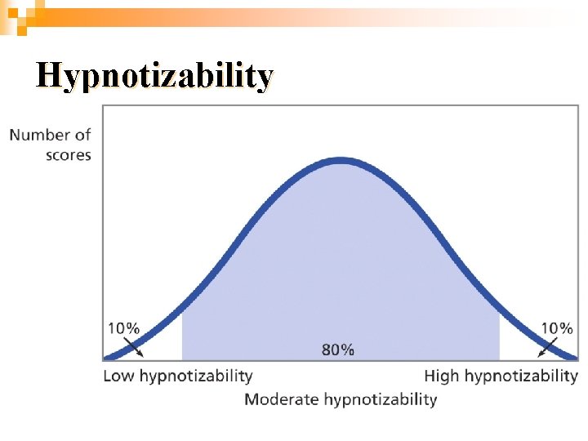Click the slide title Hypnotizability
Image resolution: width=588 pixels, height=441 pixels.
click(154, 76)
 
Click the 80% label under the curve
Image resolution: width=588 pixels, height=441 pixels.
click(338, 350)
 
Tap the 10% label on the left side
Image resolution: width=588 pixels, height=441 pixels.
click(124, 328)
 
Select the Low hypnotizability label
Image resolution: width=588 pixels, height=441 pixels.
click(178, 376)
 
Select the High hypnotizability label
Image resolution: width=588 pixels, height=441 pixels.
click(501, 376)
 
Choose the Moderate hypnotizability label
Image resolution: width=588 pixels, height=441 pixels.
click(341, 399)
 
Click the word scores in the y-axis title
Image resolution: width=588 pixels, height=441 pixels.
click(69, 154)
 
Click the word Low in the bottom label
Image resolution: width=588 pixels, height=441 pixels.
click(119, 376)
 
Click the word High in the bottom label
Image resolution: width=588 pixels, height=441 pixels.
click(443, 376)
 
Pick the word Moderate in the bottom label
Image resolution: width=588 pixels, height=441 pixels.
click(282, 399)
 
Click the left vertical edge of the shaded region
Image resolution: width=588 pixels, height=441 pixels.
click(182, 335)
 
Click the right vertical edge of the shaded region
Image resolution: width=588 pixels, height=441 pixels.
click(499, 335)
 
